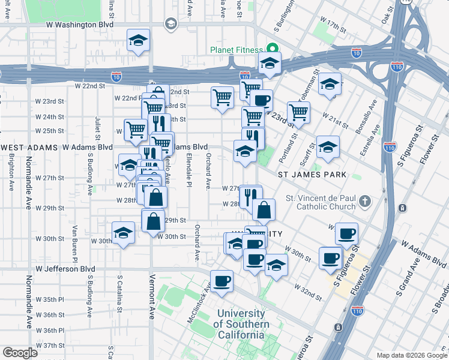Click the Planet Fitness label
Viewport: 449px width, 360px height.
coord(235,50)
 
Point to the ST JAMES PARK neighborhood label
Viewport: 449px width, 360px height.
coord(312,175)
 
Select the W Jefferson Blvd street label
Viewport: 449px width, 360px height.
coord(65,269)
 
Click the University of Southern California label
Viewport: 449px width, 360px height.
coord(240,324)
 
